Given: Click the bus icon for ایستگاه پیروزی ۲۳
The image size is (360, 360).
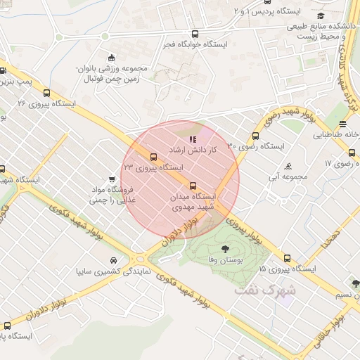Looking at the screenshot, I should pyautogui.click(x=154, y=157).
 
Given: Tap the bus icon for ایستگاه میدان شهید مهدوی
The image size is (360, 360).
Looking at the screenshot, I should pyautogui.click(x=194, y=186).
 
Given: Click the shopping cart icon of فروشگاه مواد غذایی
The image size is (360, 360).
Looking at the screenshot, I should pyautogui.click(x=112, y=180).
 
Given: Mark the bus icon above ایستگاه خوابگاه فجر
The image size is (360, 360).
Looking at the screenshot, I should pyautogui.click(x=195, y=34).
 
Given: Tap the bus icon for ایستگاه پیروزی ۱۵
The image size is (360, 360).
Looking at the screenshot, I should pyautogui.click(x=288, y=257).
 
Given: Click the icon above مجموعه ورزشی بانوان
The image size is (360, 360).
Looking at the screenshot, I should pyautogui.click(x=111, y=58).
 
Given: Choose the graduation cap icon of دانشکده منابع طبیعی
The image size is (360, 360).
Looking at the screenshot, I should pyautogui.click(x=321, y=15).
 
